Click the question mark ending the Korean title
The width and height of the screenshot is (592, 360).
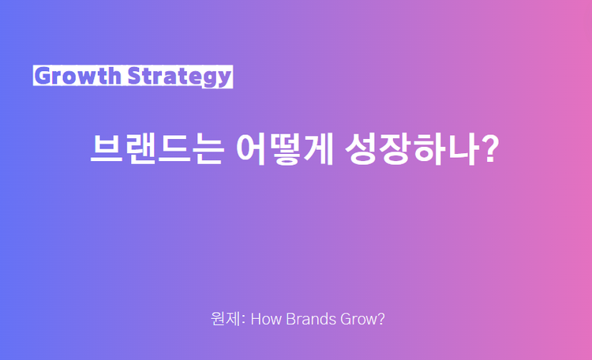491,149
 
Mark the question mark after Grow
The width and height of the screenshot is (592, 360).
380,320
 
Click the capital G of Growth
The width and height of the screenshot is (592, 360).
42,76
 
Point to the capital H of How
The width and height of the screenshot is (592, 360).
256,320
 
